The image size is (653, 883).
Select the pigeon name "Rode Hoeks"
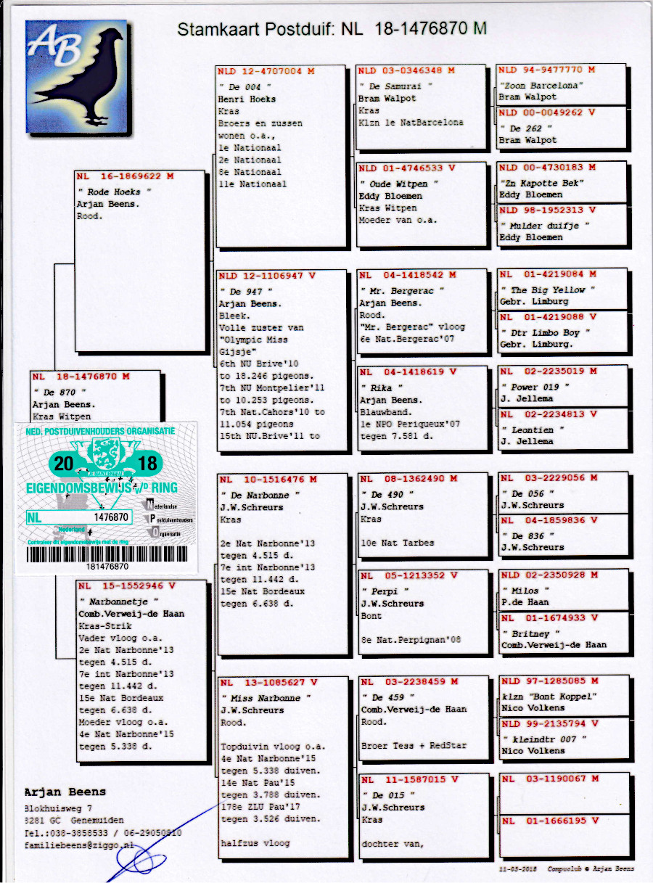point(110,192)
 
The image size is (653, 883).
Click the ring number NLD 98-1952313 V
point(549,210)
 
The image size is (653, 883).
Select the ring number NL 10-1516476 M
point(268,480)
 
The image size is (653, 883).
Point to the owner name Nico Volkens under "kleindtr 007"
point(533,751)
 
